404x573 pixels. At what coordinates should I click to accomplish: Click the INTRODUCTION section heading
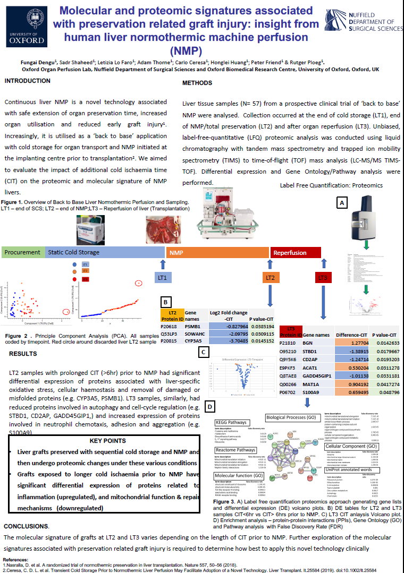(28, 81)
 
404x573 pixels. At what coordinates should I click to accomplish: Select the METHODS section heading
(197, 83)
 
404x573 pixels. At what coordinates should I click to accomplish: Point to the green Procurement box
(23, 252)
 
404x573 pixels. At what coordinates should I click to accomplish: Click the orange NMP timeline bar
(217, 253)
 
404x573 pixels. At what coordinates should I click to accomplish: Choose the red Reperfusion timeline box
(296, 253)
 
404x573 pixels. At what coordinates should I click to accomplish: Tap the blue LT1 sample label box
(163, 277)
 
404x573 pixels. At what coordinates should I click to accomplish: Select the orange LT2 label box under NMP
(270, 277)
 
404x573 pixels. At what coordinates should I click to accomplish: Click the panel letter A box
(342, 203)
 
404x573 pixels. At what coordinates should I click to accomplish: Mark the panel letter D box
(211, 407)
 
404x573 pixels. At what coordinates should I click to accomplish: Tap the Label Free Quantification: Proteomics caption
(331, 185)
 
